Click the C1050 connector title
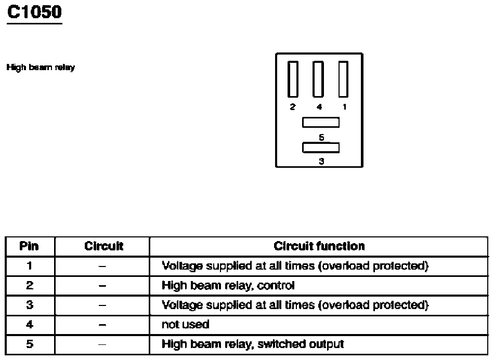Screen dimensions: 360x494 pos(34,12)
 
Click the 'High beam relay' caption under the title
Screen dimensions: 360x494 pos(40,68)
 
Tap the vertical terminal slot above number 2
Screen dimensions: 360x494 pos(293,79)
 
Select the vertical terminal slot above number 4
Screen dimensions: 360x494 pos(318,79)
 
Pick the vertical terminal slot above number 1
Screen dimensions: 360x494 pos(343,79)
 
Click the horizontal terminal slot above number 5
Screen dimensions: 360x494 pos(321,123)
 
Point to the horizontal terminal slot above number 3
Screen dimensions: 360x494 pos(321,148)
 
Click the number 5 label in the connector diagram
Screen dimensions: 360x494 pos(321,137)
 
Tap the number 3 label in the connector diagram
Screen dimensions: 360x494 pos(321,161)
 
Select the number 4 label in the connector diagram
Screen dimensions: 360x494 pos(319,106)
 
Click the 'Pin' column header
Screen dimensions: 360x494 pos(29,246)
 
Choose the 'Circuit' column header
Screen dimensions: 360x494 pos(103,246)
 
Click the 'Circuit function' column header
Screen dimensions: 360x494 pos(319,246)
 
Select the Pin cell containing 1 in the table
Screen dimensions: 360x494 pos(29,266)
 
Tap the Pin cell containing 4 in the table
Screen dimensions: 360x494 pos(29,325)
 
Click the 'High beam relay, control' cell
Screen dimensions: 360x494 pos(228,285)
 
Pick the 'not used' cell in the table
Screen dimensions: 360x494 pos(186,325)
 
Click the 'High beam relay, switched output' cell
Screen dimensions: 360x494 pos(253,344)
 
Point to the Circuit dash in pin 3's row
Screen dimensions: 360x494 pos(103,305)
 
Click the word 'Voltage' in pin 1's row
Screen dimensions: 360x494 pos(183,266)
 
